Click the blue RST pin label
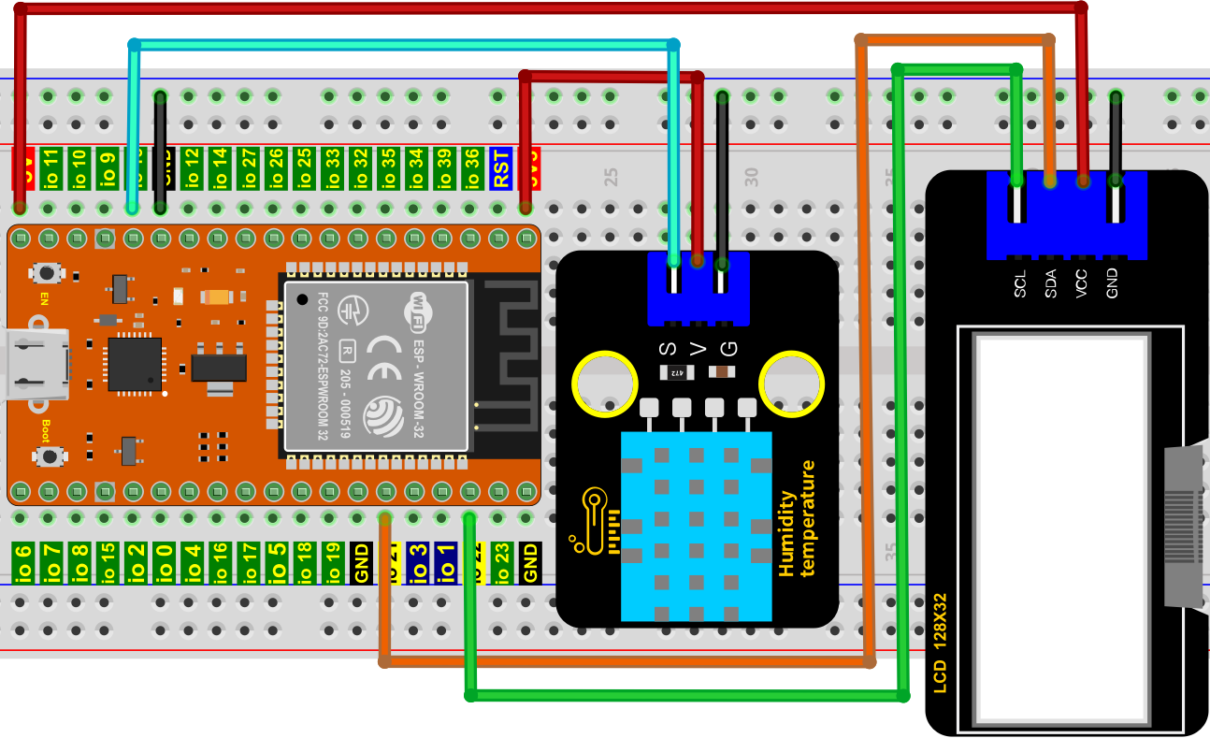coord(501,168)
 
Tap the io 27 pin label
coord(249,168)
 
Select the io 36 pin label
coord(472,168)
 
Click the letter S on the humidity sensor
coord(667,350)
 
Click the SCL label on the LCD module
coord(1020,284)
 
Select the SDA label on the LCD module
coord(1051,284)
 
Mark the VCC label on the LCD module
coord(1082,284)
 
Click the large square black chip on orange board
coord(135,364)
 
